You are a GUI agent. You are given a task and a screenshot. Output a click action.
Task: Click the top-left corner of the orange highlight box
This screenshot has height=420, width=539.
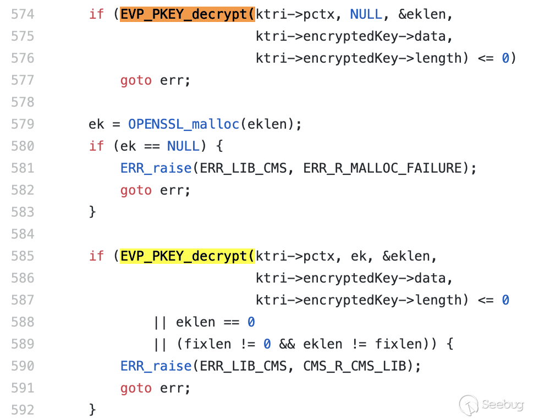(x=120, y=7)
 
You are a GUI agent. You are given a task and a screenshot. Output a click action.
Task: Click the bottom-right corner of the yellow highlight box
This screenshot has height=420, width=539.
(x=255, y=264)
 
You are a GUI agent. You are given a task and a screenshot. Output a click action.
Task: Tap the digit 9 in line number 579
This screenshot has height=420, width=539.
(x=31, y=124)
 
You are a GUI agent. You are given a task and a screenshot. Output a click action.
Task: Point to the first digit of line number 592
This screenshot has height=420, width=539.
(x=15, y=410)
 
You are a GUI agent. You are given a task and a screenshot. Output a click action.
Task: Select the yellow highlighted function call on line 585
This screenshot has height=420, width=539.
(x=188, y=256)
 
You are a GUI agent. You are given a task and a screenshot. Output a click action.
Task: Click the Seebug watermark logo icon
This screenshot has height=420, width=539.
(x=469, y=404)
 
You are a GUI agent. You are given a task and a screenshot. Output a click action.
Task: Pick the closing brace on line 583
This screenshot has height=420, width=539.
(x=92, y=212)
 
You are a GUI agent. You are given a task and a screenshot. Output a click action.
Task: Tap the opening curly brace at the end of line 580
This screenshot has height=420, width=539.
(x=219, y=146)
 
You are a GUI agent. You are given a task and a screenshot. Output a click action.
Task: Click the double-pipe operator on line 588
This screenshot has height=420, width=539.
(x=160, y=322)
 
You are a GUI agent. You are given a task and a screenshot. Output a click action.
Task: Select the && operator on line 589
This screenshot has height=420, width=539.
(x=287, y=344)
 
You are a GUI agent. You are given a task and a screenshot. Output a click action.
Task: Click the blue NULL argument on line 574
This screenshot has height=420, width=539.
(x=366, y=14)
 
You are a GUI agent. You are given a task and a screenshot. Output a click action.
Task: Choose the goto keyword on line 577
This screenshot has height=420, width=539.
(x=136, y=81)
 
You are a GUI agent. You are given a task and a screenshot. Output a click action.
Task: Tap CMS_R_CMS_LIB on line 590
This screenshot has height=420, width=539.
(x=355, y=366)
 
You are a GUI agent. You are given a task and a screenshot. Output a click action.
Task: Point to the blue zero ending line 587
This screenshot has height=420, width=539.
(x=505, y=300)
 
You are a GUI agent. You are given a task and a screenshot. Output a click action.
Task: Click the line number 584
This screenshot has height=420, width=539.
(x=23, y=234)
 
